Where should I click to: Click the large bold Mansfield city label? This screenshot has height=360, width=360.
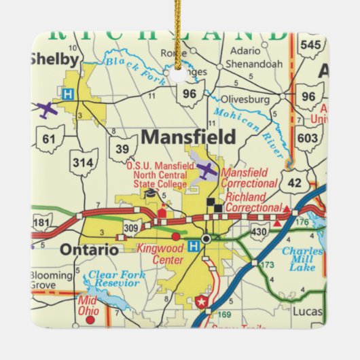pyautogui.click(x=188, y=137)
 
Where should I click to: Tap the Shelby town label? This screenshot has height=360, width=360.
pyautogui.click(x=50, y=59)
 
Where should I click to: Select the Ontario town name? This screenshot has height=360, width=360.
pyautogui.click(x=89, y=249)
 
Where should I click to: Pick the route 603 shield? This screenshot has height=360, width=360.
pyautogui.click(x=309, y=138)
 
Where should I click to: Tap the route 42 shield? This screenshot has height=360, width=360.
pyautogui.click(x=293, y=181)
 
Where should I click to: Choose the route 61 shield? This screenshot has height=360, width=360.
pyautogui.click(x=48, y=139)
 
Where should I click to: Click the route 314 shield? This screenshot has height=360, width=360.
pyautogui.click(x=84, y=163)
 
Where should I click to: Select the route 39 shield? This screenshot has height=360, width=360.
pyautogui.click(x=122, y=148)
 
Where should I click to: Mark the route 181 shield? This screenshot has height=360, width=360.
pyautogui.click(x=42, y=223)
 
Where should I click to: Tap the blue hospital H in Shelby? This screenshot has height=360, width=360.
pyautogui.click(x=67, y=95)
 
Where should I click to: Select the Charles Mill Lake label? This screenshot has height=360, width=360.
pyautogui.click(x=302, y=259)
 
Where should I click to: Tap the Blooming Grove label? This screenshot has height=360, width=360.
pyautogui.click(x=50, y=281)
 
